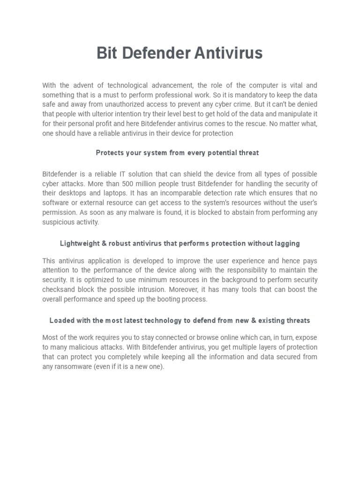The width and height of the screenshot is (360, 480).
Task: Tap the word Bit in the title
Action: point(107,53)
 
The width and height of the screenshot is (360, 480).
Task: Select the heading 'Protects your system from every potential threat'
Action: point(177,153)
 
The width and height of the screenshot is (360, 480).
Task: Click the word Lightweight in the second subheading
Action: point(78,244)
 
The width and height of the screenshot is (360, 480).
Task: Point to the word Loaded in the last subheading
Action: point(61,321)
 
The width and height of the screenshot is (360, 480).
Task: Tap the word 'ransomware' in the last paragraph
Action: point(71,367)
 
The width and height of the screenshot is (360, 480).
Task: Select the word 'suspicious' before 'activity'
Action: point(57,222)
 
